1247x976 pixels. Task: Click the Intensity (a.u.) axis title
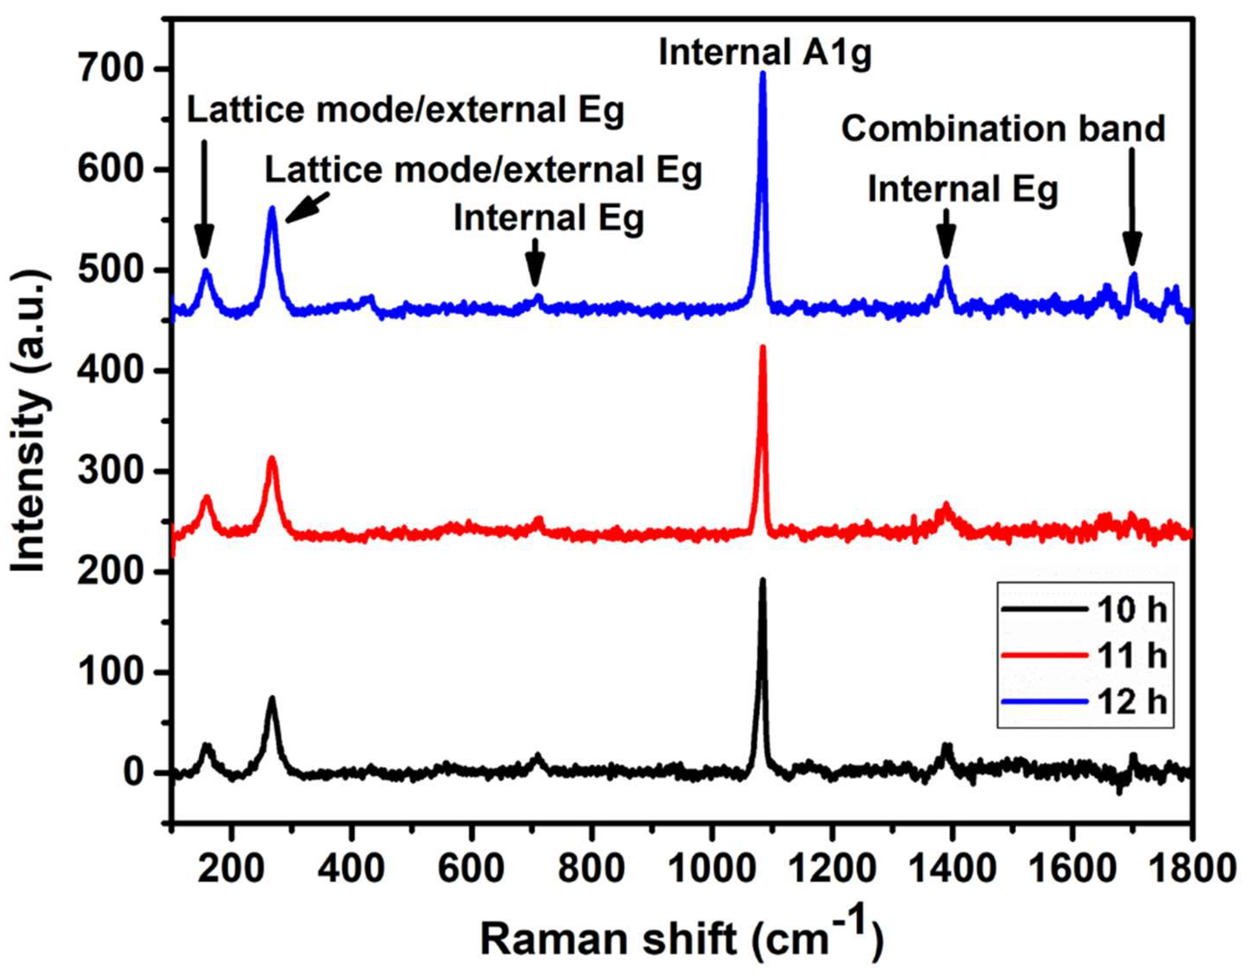(x=30, y=420)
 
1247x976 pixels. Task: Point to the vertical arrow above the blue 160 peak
(x=204, y=200)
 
